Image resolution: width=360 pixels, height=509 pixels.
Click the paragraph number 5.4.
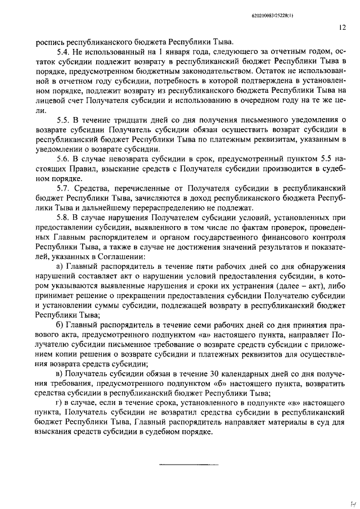64,51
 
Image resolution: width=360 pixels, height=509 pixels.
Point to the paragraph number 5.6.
64,160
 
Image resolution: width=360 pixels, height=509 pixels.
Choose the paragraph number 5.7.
64,191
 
